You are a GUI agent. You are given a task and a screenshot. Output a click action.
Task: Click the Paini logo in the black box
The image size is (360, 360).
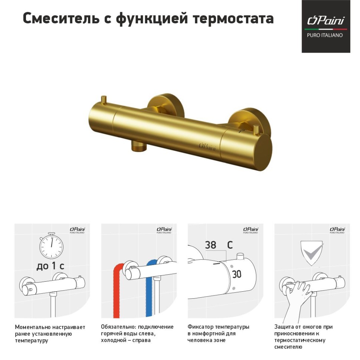click(325, 21)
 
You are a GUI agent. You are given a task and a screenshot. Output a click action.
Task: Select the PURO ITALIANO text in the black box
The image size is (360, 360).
click(325, 35)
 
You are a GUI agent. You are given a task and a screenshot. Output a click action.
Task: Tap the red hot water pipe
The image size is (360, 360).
click(117, 289)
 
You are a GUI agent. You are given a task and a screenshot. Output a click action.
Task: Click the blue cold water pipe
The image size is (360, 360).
click(149, 289)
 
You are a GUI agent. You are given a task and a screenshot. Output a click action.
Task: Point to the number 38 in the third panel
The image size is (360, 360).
click(210, 245)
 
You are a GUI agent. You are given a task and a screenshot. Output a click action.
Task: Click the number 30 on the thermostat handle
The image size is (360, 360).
click(236, 274)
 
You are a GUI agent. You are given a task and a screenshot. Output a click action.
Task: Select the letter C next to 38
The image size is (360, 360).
click(230, 245)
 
